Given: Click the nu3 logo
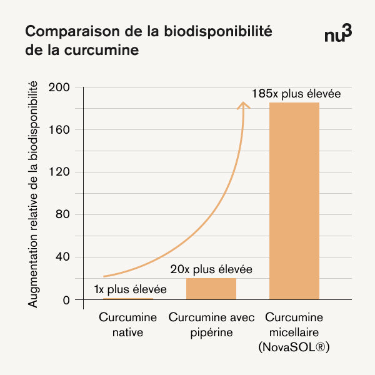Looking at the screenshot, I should pos(338,35).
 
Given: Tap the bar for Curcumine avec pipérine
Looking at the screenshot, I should pos(211,289).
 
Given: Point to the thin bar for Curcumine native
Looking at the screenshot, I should pos(127,299).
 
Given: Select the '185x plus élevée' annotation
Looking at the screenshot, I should pos(296,94).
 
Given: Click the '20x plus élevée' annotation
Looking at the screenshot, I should pos(211,270).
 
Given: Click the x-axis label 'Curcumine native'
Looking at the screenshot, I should pos(127,325).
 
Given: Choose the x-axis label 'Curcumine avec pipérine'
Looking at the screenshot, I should pos(211,325).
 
